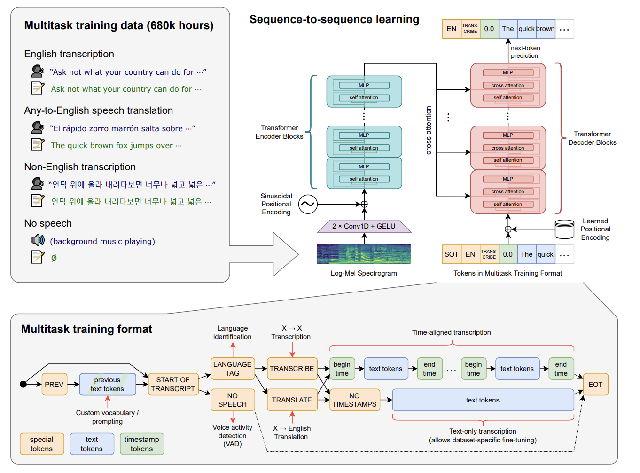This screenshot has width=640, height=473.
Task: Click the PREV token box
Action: point(54,384)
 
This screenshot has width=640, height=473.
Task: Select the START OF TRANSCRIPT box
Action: point(173,384)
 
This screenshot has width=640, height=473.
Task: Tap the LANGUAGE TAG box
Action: point(233,369)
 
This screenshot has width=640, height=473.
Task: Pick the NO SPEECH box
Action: point(233,400)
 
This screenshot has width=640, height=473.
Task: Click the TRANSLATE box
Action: point(292,400)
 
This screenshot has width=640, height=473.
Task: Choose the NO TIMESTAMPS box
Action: point(354,400)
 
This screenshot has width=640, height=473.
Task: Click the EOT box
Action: point(595,384)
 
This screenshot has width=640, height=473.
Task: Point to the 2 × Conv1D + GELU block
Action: point(364,226)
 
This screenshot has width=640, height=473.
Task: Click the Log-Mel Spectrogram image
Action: point(364,254)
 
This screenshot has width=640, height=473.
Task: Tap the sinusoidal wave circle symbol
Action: point(308,204)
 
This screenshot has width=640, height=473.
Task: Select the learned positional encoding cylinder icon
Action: point(564,229)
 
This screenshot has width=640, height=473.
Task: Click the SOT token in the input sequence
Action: point(452,254)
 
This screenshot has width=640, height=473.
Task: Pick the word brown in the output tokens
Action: point(545,29)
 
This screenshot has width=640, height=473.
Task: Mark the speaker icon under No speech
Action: point(38,241)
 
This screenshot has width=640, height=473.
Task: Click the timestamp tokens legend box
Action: point(141,444)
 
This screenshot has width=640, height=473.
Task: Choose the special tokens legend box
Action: point(42,444)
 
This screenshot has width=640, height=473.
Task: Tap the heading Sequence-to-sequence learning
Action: point(334,19)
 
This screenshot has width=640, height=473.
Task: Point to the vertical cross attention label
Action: point(429,130)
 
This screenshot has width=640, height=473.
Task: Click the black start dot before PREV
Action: point(23,384)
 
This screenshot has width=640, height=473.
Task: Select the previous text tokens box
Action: point(107,384)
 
